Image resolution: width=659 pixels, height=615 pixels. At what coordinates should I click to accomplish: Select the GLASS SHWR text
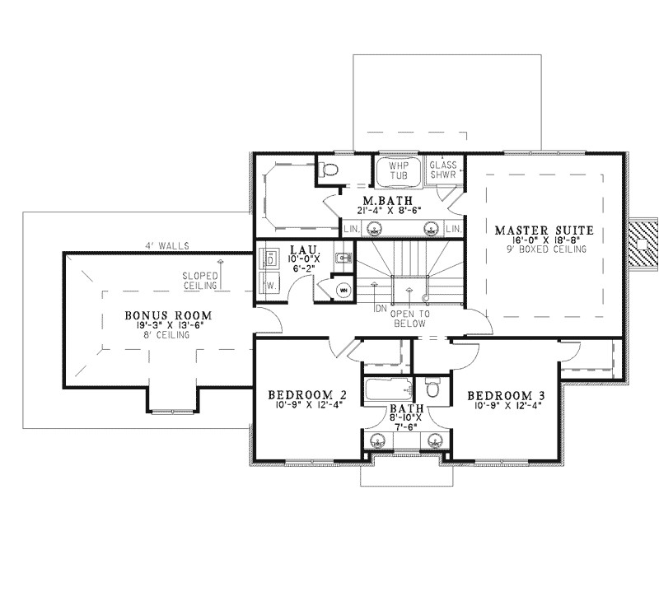point(443,170)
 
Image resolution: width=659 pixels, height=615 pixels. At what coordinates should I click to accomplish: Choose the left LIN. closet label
point(349,228)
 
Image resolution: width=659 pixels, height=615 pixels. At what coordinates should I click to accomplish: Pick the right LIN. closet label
point(452,228)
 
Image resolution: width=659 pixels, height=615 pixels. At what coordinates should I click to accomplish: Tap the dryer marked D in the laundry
point(269,259)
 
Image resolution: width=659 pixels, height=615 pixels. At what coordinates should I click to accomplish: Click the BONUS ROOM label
point(169,315)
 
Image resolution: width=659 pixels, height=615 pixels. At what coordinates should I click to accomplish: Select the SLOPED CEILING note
point(200,281)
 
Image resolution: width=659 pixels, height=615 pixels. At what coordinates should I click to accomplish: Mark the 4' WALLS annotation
point(157,245)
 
